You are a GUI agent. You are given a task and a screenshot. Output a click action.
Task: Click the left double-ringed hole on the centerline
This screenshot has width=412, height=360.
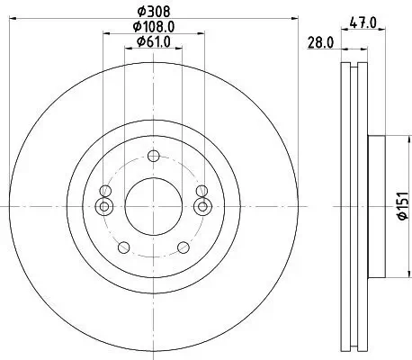(104, 206)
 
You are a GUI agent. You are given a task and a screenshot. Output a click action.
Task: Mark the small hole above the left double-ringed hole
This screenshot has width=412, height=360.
(106, 190)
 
